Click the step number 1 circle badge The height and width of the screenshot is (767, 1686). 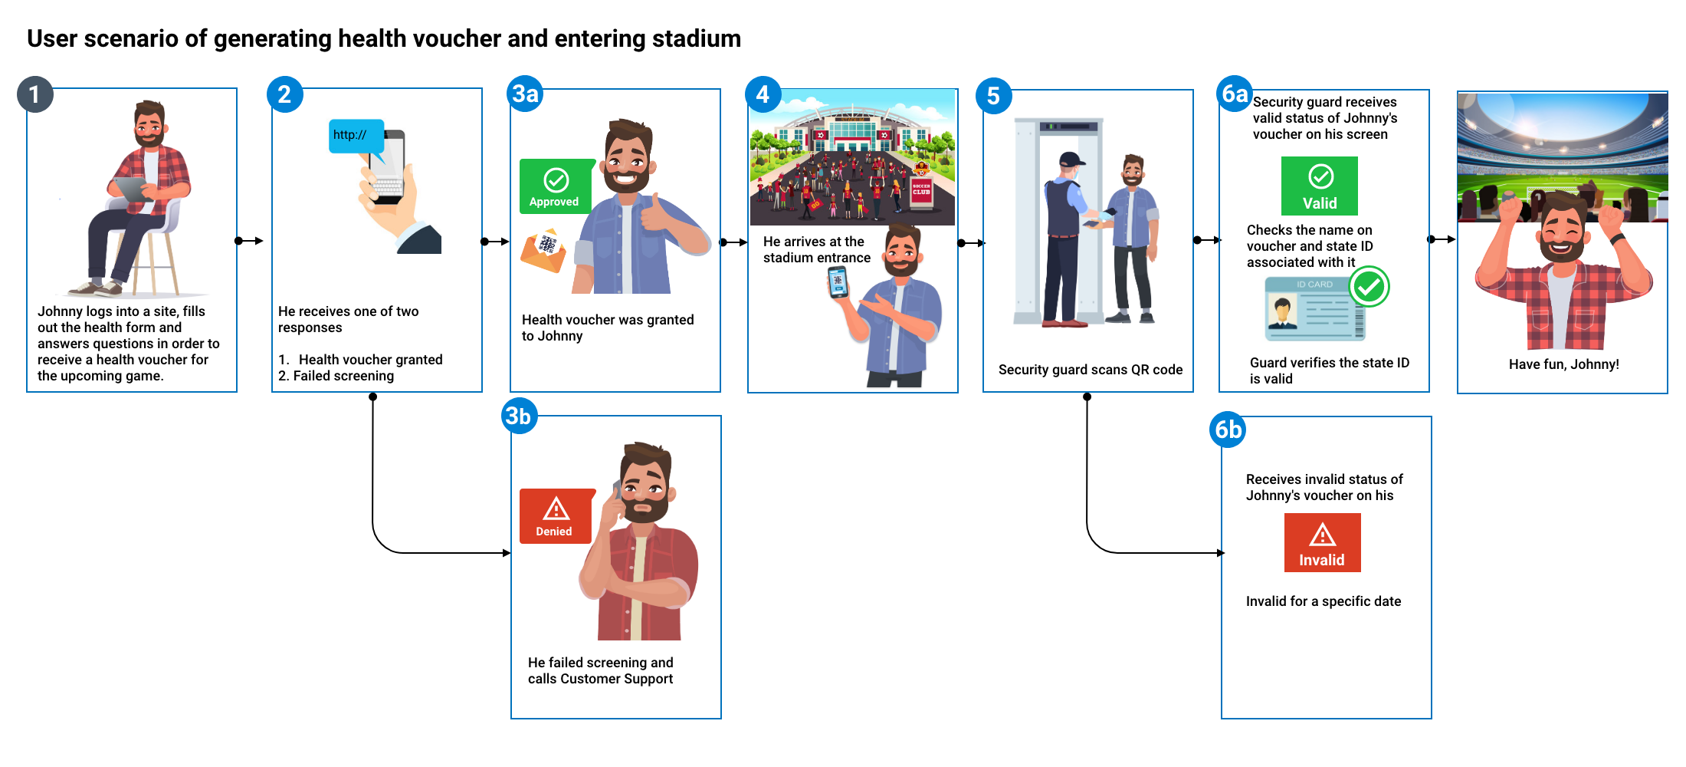tap(34, 95)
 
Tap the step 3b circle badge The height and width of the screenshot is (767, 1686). tap(519, 416)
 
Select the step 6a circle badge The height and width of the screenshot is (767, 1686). tap(1234, 94)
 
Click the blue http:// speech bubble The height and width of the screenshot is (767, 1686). tap(356, 136)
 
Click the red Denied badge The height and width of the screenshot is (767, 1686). tap(556, 516)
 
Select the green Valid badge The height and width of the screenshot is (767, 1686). tap(1320, 186)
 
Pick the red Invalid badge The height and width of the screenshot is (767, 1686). tap(1322, 543)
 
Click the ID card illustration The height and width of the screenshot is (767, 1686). tap(1314, 309)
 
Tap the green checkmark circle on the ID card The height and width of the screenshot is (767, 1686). tap(1369, 287)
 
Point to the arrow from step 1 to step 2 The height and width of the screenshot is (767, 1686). tap(249, 241)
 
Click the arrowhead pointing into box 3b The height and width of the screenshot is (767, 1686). tap(507, 553)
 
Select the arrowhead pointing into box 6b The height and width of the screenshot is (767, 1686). tap(1221, 553)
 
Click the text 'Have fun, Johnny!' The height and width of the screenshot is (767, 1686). tap(1563, 364)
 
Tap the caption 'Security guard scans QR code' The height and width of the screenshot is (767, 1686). tap(1090, 370)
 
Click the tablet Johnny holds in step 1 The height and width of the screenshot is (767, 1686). tap(130, 188)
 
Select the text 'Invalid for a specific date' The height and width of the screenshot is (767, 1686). tap(1323, 601)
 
